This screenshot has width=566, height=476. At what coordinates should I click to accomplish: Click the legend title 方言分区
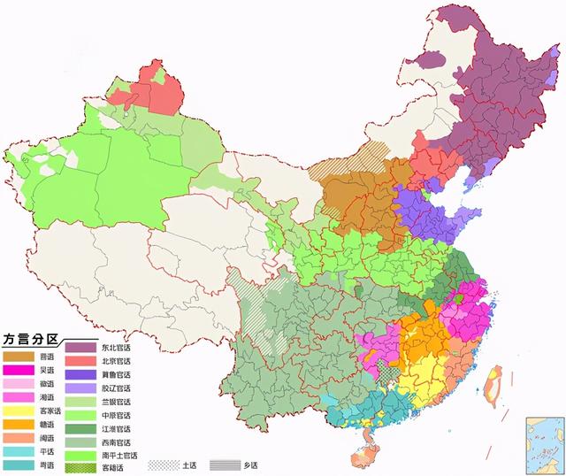click(x=32, y=338)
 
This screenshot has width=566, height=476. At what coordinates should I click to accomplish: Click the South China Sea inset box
click(x=543, y=439)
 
